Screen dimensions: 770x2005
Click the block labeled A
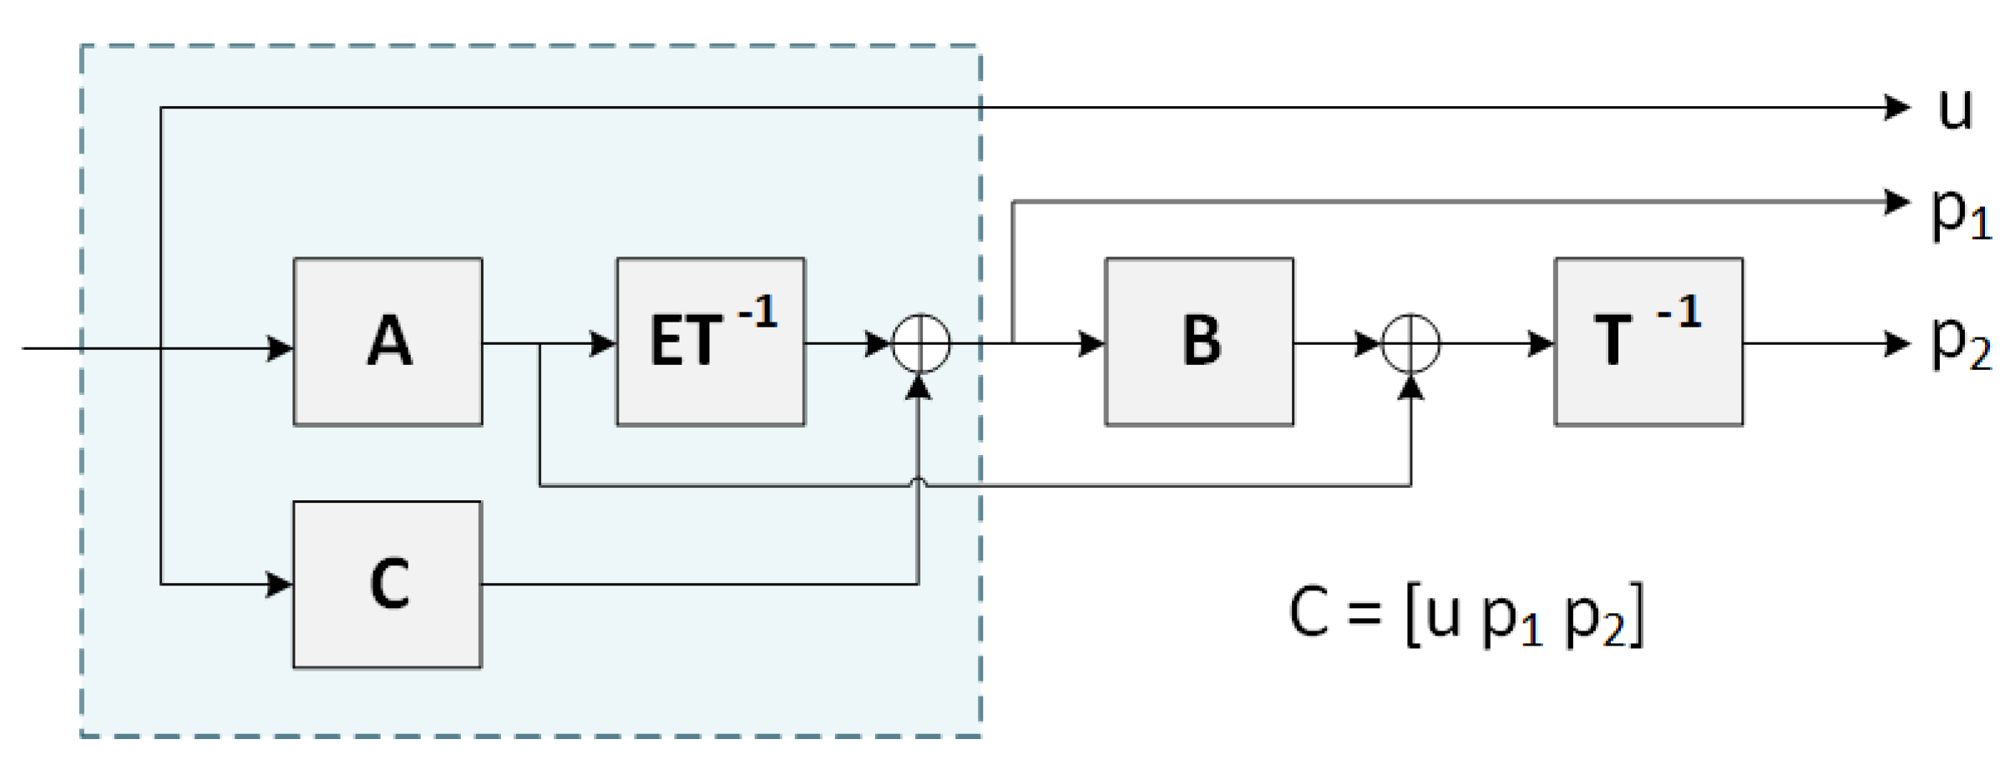click(387, 342)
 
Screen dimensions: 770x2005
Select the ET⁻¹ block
click(711, 342)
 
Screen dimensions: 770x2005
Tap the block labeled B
click(1199, 342)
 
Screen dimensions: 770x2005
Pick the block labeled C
click(387, 585)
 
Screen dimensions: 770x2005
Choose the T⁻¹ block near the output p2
click(1648, 342)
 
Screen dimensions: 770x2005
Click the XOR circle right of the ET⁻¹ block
click(921, 343)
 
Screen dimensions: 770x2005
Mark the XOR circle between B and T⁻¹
click(1410, 343)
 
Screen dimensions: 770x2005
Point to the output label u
click(1956, 109)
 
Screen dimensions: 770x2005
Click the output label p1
click(1961, 212)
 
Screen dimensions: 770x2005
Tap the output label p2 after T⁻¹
click(1961, 342)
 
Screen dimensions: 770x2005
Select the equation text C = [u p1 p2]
click(1466, 615)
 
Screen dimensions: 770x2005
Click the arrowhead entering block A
click(280, 347)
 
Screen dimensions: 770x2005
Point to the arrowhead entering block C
click(280, 584)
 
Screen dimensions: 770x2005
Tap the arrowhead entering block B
click(1091, 343)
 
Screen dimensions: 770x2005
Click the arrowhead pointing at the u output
click(1897, 108)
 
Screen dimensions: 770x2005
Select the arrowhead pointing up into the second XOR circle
click(1410, 387)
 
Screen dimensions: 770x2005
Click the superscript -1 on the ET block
click(758, 312)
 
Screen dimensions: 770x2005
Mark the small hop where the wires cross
click(919, 482)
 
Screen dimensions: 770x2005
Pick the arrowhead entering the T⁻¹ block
click(1541, 343)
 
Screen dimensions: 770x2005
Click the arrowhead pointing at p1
click(1897, 201)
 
